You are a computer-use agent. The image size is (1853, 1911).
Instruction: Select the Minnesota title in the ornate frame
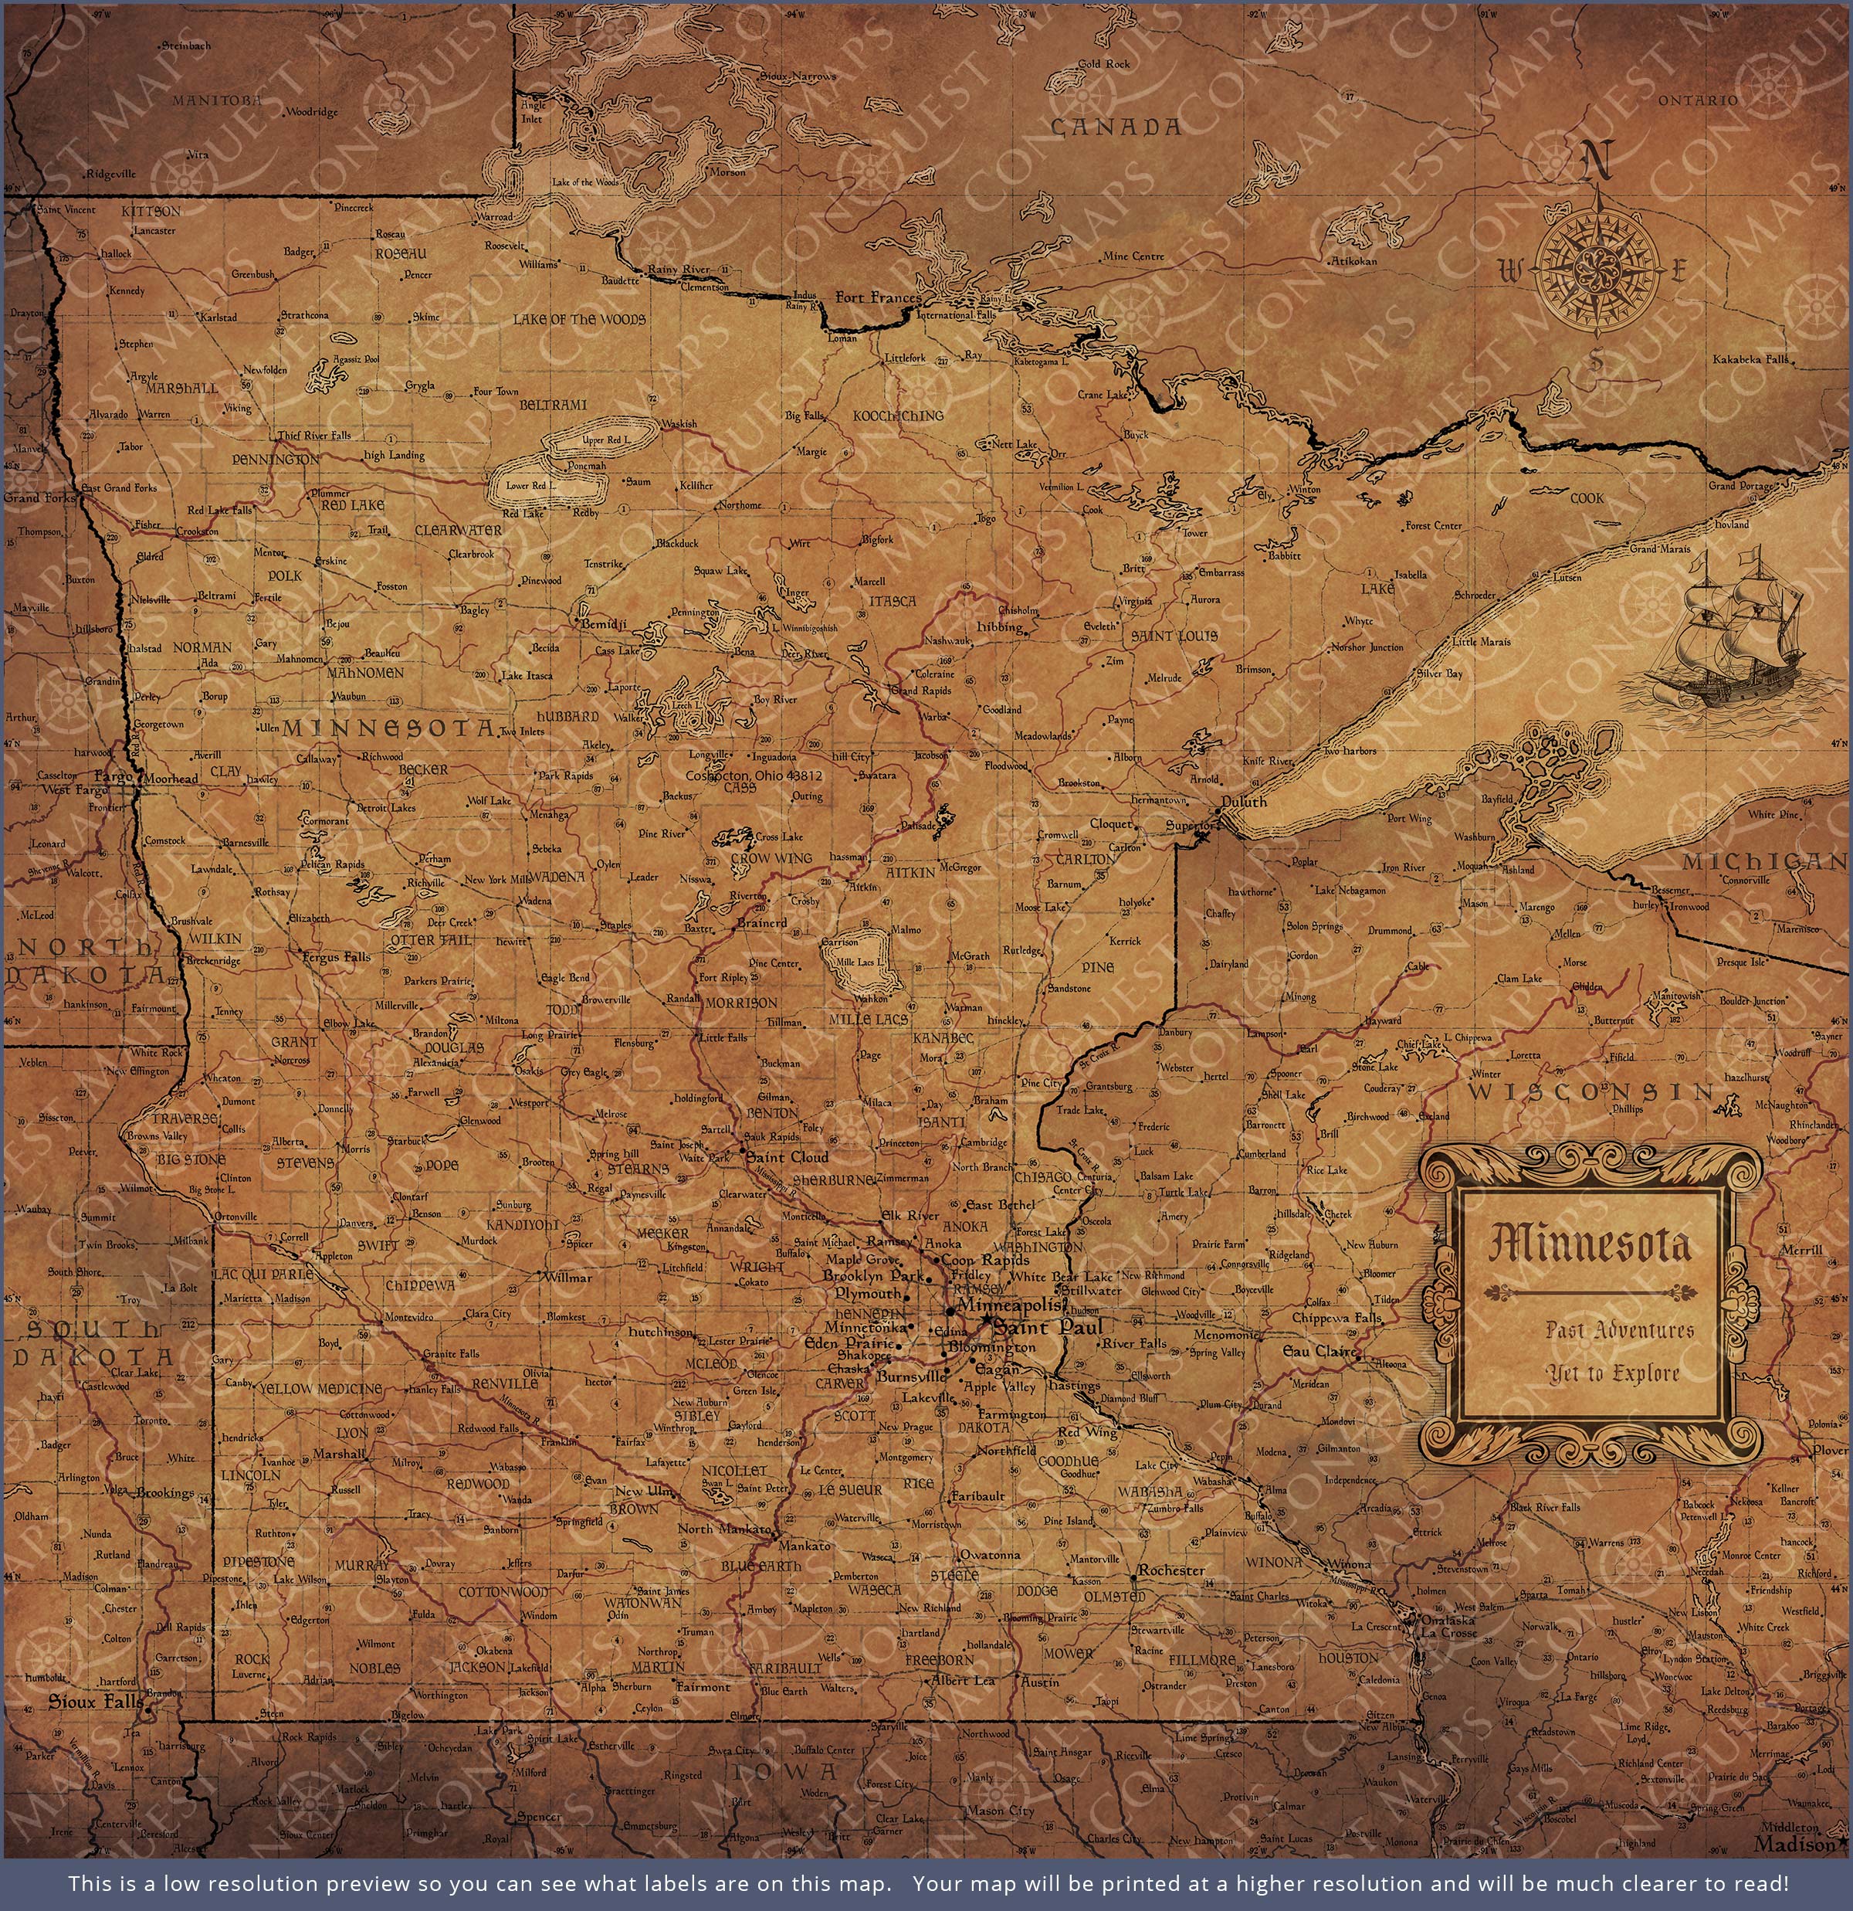(1590, 1244)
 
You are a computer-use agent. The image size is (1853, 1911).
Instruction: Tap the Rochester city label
(1172, 1570)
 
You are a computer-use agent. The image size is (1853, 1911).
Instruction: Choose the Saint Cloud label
(788, 1157)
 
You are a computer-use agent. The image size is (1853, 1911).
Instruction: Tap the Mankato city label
(805, 1546)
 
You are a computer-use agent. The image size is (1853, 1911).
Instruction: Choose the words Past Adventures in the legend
(1619, 1330)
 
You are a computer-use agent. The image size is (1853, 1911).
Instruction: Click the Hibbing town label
(999, 627)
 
